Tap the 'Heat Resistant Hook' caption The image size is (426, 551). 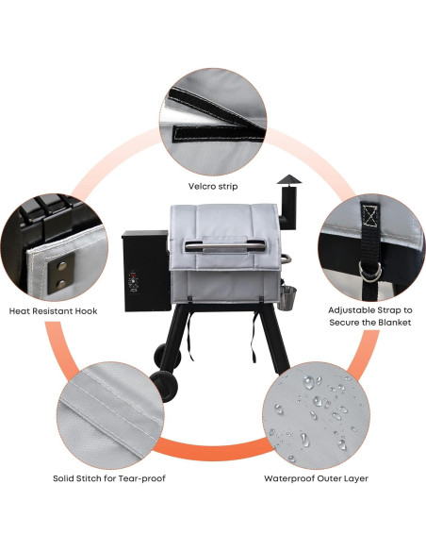(x=53, y=310)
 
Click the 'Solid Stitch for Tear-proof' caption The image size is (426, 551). (x=109, y=478)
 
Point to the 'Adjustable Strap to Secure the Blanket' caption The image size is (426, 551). (x=370, y=315)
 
